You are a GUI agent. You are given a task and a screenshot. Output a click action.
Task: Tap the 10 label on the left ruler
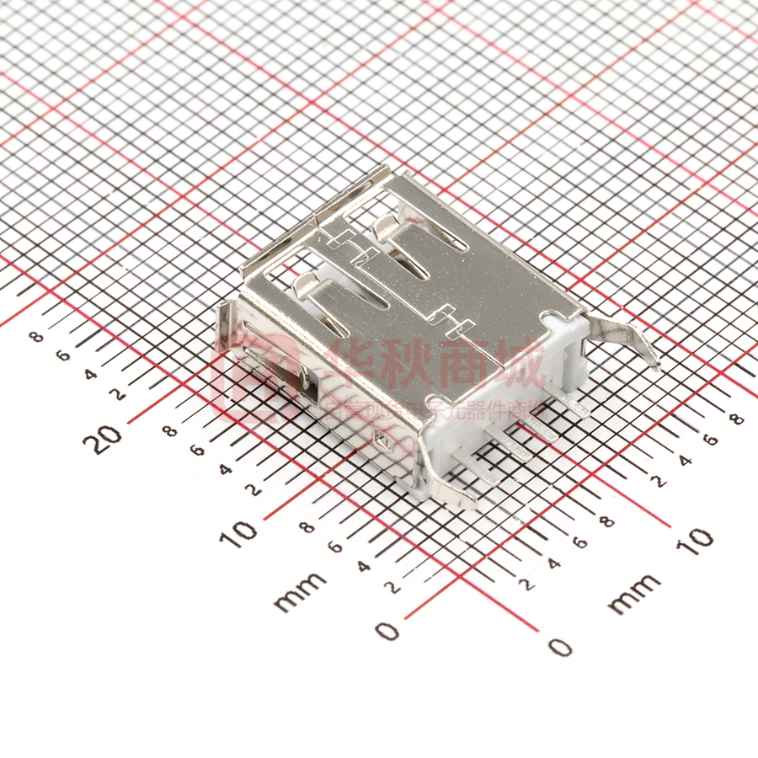[x=243, y=534]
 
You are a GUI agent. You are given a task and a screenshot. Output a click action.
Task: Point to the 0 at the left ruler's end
[x=387, y=630]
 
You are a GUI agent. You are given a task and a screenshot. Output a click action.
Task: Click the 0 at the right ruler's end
[x=560, y=647]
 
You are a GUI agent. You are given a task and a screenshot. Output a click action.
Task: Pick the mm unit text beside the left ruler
[x=300, y=590]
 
